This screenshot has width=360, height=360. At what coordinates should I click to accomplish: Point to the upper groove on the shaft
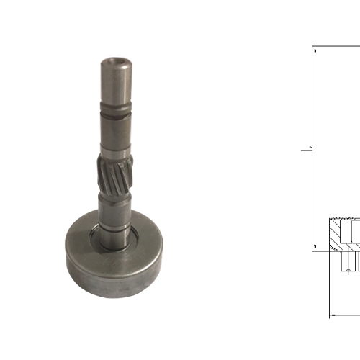[114, 113]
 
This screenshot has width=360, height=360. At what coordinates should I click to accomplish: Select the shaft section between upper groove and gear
[114, 133]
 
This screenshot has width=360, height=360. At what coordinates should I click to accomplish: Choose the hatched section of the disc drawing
[338, 232]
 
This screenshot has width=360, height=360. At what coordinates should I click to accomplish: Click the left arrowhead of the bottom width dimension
[333, 315]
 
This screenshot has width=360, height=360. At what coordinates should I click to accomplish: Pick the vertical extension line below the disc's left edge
[329, 288]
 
